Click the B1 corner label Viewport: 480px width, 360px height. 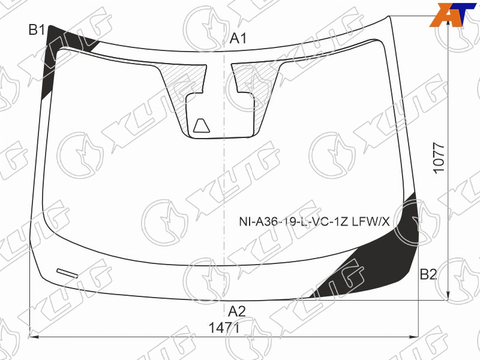(x=37, y=30)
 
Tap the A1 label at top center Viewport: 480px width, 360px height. (x=238, y=38)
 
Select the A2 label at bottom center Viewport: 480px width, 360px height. (x=236, y=311)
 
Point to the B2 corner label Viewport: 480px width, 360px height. (x=428, y=274)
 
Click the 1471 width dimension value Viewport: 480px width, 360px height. (x=224, y=328)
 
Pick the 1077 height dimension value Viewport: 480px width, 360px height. (x=439, y=158)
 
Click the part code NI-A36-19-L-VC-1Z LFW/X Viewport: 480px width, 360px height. (x=314, y=221)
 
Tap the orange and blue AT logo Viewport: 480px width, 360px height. (x=452, y=14)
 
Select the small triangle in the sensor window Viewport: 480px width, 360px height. (x=202, y=126)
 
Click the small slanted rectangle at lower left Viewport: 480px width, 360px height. (x=67, y=274)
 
